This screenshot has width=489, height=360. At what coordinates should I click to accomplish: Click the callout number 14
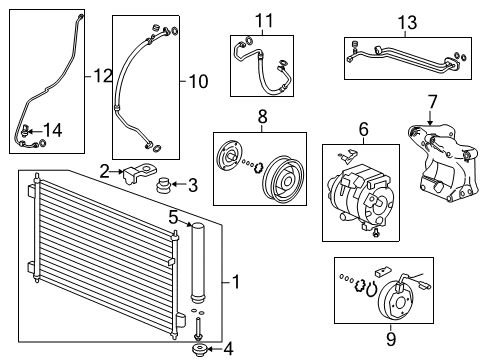53,130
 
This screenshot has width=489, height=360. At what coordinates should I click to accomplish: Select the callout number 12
103,76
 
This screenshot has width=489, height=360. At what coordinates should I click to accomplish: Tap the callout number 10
198,81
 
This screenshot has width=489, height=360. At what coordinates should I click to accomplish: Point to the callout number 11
264,21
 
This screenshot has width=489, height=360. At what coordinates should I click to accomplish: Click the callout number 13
407,22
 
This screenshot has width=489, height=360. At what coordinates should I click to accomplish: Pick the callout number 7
432,102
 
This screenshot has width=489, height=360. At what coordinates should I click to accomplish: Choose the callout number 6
364,129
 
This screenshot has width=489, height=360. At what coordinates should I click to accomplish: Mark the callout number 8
263,117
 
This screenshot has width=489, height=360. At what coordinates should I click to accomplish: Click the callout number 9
391,339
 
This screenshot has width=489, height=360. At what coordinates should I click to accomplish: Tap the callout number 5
174,217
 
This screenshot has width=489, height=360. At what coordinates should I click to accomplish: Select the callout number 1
236,282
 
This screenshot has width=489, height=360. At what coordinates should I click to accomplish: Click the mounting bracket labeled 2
139,173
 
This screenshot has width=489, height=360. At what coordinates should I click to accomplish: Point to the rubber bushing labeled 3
164,185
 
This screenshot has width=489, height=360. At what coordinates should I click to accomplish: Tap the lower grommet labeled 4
199,350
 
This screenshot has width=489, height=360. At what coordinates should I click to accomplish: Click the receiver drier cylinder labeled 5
197,263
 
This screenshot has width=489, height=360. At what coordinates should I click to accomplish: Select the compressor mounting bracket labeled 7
443,162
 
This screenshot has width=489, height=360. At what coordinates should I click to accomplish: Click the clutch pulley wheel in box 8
283,177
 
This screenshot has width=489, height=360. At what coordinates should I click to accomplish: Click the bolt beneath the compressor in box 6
376,233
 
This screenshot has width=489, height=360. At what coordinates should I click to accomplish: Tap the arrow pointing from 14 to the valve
35,131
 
